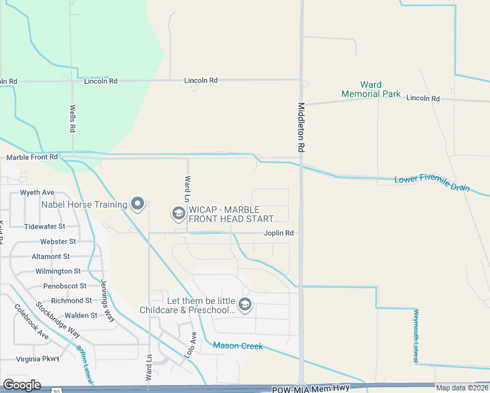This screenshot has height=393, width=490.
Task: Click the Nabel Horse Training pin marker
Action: coord(138,204)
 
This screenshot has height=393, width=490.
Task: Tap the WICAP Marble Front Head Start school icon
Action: coord(178,214)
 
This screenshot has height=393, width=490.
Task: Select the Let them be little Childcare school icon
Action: coord(244,305)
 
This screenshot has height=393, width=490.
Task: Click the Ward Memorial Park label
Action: coord(371,90)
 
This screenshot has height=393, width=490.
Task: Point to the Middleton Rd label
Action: coord(302,128)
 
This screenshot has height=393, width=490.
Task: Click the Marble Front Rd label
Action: coord(32,157)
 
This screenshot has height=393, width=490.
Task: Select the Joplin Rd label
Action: coord(278,233)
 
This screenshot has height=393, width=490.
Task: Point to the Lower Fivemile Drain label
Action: coord(432,183)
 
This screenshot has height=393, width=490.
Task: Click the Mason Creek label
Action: coord(238,346)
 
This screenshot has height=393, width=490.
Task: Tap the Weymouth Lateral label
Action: coord(415,336)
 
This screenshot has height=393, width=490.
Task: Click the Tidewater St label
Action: coord(45,226)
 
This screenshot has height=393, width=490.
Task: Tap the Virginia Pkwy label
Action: coord(37,359)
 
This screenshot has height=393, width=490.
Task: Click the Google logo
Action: coord(22,385)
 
